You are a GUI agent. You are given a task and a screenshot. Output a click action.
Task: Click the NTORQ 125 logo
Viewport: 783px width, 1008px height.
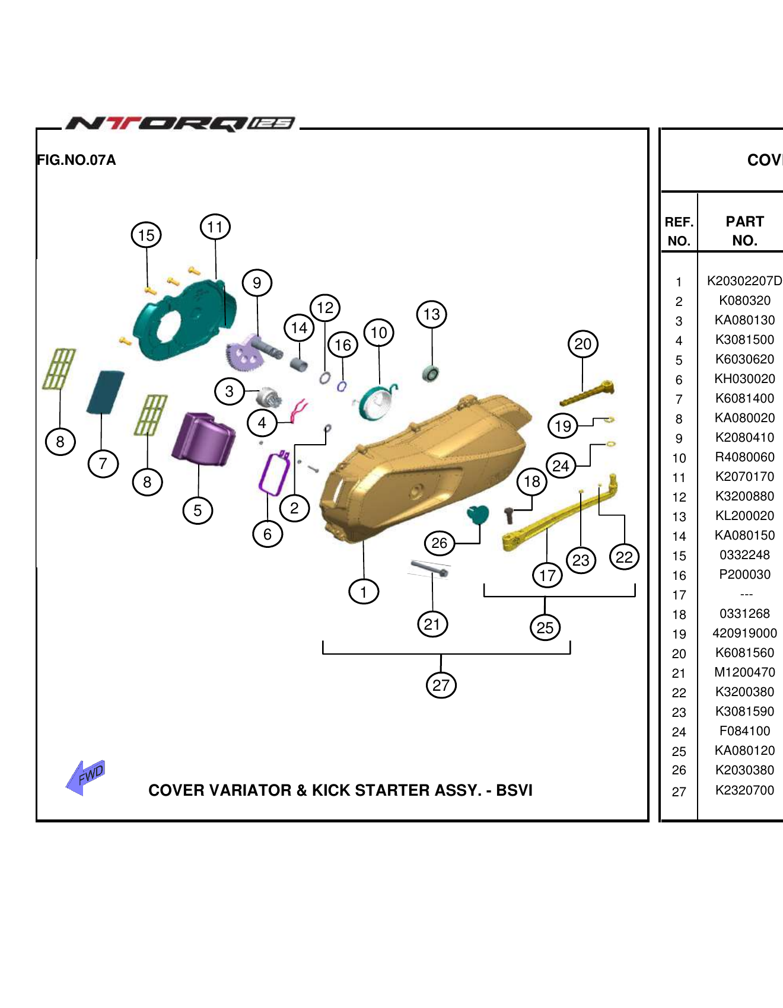click(180, 123)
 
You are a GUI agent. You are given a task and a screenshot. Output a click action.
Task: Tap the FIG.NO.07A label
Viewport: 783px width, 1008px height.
click(76, 160)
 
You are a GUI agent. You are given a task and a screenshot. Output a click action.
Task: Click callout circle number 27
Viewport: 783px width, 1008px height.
click(441, 685)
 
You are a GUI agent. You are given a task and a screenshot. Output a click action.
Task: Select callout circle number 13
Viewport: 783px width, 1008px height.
click(431, 314)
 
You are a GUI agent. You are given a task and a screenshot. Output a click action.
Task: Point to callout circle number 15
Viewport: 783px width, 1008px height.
click(146, 235)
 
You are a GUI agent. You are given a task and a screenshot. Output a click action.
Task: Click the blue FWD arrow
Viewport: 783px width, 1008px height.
click(86, 777)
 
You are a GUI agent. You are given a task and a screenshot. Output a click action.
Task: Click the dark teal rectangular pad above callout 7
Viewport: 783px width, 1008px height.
click(106, 392)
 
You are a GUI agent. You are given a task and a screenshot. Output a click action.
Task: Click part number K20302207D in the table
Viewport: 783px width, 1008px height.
click(744, 281)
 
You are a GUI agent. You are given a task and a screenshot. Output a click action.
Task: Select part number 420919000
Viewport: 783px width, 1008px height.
click(744, 633)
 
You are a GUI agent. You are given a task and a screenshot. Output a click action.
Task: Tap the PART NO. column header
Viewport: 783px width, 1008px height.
click(744, 231)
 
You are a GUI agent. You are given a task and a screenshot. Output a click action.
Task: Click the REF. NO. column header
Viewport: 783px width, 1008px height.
click(679, 231)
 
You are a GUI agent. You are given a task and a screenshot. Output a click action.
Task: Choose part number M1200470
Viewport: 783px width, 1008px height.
click(744, 672)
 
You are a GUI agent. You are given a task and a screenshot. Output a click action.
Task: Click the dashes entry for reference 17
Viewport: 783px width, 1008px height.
click(746, 594)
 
